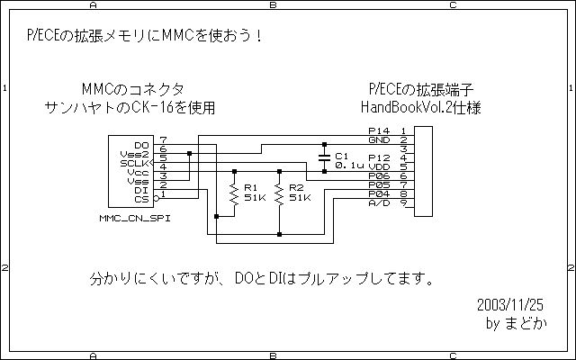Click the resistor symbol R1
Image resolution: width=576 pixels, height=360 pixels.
pyautogui.click(x=234, y=193)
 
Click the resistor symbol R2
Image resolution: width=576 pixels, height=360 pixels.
pyautogui.click(x=279, y=193)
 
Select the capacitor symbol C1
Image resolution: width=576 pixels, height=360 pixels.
pyautogui.click(x=324, y=158)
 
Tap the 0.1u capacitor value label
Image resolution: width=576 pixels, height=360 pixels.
pyautogui.click(x=349, y=166)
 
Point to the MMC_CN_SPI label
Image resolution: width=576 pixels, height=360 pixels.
pyautogui.click(x=135, y=218)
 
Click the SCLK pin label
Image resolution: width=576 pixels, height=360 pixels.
pyautogui.click(x=134, y=164)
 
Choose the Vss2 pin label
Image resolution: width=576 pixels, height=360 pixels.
pyautogui.click(x=134, y=154)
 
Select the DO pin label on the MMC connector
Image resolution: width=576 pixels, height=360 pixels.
pyautogui.click(x=142, y=146)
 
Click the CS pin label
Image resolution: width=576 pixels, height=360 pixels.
pyautogui.click(x=142, y=200)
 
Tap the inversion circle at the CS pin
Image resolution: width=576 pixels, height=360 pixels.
pyautogui.click(x=156, y=199)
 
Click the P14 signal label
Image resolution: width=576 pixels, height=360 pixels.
pyautogui.click(x=379, y=130)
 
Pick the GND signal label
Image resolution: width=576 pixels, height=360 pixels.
pyautogui.click(x=379, y=140)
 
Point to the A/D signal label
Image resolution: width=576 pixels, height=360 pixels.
pyautogui.click(x=379, y=202)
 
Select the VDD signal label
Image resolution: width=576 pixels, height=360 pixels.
pyautogui.click(x=379, y=166)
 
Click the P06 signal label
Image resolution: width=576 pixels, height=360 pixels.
pyautogui.click(x=379, y=176)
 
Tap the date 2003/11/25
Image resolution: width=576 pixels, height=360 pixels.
pyautogui.click(x=510, y=305)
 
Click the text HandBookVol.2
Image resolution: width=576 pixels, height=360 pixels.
pyautogui.click(x=406, y=108)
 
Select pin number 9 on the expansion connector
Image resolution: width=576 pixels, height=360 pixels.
pyautogui.click(x=404, y=202)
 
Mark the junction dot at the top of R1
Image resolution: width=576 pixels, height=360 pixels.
pyautogui.click(x=234, y=172)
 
